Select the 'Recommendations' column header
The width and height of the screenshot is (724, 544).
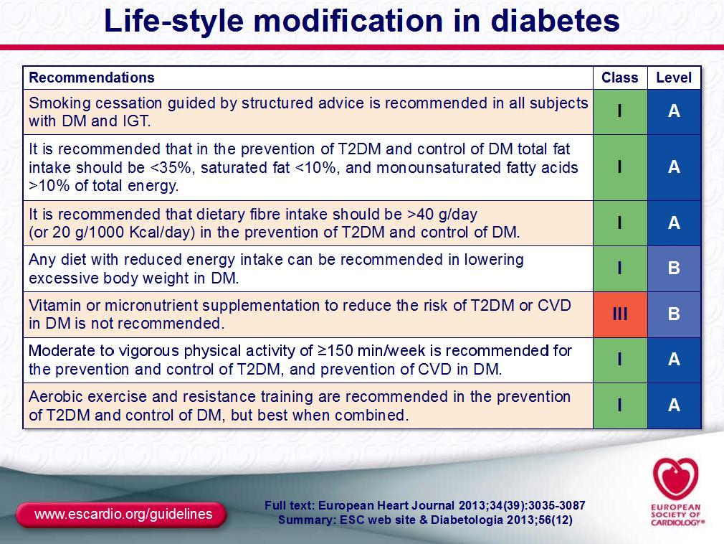pos(92,78)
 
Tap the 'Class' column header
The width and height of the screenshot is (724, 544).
pos(619,78)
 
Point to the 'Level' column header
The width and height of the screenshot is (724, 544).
pos(674,78)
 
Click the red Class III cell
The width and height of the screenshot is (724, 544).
pos(620,314)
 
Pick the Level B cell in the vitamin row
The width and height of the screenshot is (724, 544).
pos(674,314)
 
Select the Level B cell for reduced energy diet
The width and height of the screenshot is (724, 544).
pos(674,268)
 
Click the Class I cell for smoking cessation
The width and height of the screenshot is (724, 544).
pos(620,111)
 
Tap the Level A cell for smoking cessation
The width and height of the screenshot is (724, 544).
pos(674,111)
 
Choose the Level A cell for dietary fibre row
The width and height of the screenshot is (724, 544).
pos(674,223)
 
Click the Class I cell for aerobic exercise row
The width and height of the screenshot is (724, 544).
pos(620,405)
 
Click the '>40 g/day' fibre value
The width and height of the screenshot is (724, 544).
pos(442,215)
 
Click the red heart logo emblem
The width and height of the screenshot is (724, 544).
pos(675,479)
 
